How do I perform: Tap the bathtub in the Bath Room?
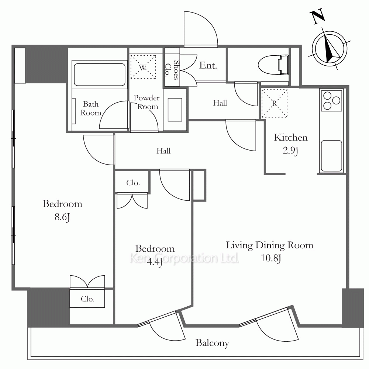(x=100, y=75)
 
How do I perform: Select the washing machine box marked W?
(x=143, y=67)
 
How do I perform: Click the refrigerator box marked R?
(x=275, y=103)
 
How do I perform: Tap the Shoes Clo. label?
(x=172, y=70)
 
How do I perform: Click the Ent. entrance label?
(x=208, y=65)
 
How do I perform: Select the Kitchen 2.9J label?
(x=291, y=144)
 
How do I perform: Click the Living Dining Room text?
(x=270, y=245)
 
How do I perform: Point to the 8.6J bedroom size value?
(x=62, y=217)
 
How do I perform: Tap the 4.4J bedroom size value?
(x=155, y=262)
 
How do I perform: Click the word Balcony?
(x=212, y=343)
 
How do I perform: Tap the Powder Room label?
(x=146, y=102)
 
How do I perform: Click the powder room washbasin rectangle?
(x=175, y=110)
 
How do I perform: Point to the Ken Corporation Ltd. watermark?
(x=184, y=258)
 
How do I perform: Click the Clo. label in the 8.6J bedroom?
(x=87, y=299)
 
